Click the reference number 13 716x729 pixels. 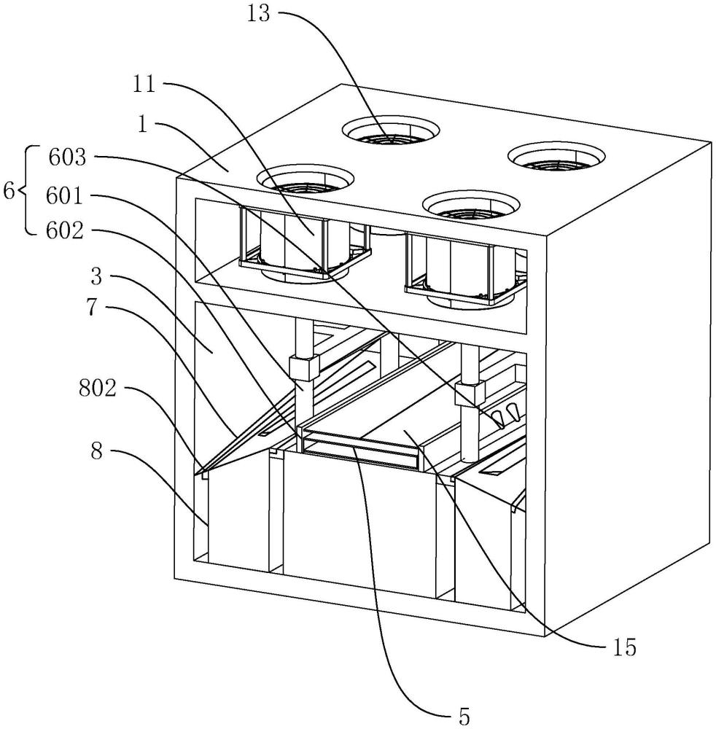[x=258, y=13]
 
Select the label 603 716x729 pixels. [x=67, y=157]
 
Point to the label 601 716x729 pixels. [x=65, y=197]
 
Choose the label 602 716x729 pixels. [x=65, y=231]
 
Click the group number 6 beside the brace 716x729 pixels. [x=9, y=191]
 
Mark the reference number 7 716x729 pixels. [x=96, y=308]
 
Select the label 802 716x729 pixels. [x=97, y=389]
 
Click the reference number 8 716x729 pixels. [x=96, y=451]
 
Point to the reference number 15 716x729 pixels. [x=624, y=647]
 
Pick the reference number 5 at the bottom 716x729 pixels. [x=464, y=717]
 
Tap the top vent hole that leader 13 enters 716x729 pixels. [x=391, y=130]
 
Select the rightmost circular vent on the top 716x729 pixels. [x=557, y=157]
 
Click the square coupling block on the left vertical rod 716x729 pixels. [x=304, y=367]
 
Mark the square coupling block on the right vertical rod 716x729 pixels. [x=470, y=393]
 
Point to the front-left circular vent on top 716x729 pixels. [x=306, y=179]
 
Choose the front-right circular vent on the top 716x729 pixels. [x=470, y=205]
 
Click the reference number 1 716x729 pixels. [x=144, y=124]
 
